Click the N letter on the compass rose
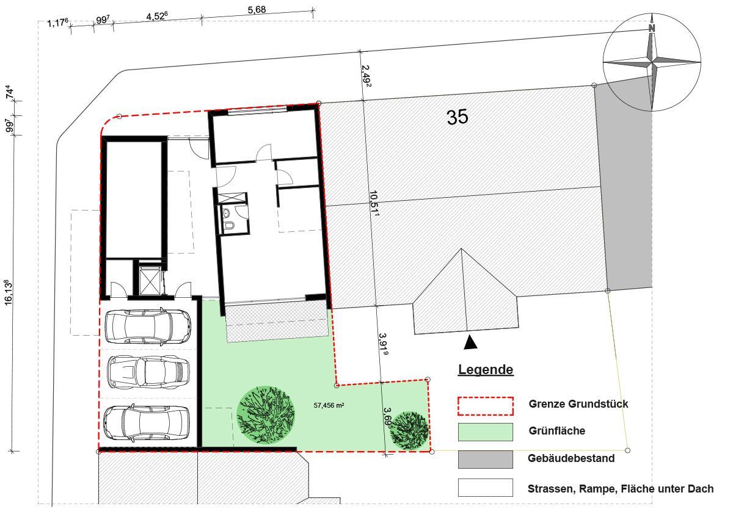[x=652, y=29]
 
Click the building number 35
[x=458, y=117]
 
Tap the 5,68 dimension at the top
[x=257, y=10]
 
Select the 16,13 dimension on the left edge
[x=9, y=292]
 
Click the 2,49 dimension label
[x=366, y=76]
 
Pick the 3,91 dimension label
[x=384, y=344]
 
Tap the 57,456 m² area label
[x=329, y=405]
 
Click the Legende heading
[x=486, y=370]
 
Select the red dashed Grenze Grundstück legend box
[x=485, y=406]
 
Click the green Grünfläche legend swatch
[x=485, y=432]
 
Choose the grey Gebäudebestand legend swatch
[x=485, y=460]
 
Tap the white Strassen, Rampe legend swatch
[x=485, y=488]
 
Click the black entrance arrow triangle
[x=470, y=342]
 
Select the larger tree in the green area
[x=265, y=415]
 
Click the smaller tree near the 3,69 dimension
[x=410, y=430]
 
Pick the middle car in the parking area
[x=148, y=372]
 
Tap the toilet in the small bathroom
[x=229, y=225]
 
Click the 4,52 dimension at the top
[x=157, y=16]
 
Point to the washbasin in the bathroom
[x=226, y=214]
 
